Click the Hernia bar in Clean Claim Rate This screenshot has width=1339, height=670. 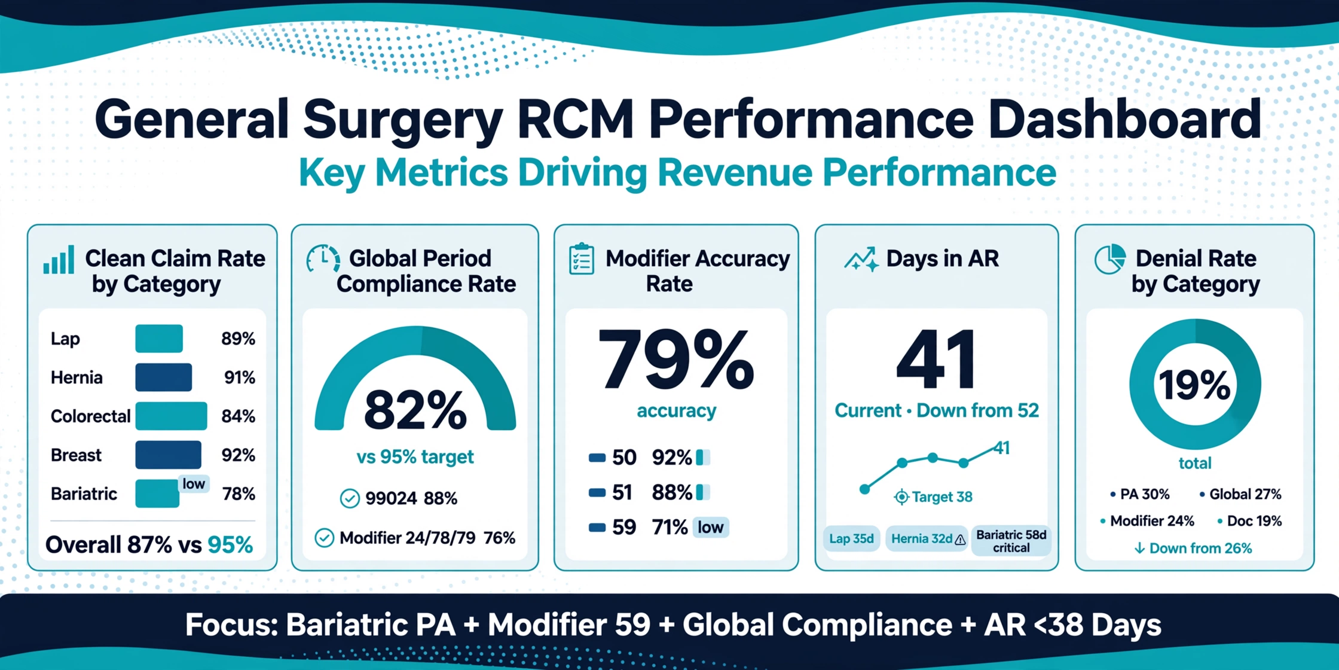tap(163, 377)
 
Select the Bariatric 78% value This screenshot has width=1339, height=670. tap(239, 494)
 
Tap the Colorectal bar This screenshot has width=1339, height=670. tap(171, 416)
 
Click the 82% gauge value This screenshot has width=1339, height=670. tap(415, 410)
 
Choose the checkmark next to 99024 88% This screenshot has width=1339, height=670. tap(350, 498)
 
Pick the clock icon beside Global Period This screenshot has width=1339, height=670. tap(323, 260)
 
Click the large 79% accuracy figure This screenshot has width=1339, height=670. tap(675, 358)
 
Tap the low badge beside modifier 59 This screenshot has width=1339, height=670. tap(711, 527)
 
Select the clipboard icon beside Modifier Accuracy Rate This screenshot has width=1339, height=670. tap(582, 260)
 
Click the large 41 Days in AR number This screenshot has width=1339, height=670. tap(936, 360)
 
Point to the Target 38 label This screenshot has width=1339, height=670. tap(933, 497)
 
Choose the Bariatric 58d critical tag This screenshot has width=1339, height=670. tap(1011, 541)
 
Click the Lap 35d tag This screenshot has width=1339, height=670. tap(851, 538)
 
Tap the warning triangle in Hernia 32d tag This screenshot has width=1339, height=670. tap(960, 540)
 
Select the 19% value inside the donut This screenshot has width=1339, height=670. tap(1194, 384)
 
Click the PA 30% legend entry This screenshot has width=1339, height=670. tap(1139, 494)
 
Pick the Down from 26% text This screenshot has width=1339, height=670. tap(1193, 548)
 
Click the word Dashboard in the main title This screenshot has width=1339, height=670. tap(1124, 120)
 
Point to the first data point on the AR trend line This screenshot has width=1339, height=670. tap(864, 489)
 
